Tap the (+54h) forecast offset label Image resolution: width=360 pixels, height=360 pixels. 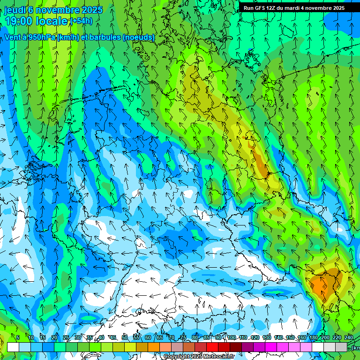[81, 21]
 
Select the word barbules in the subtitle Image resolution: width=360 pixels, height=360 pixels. [102, 37]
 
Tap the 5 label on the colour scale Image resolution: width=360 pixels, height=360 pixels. [18, 338]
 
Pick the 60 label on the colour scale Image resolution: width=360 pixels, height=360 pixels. [148, 338]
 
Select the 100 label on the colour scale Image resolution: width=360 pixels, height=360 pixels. [232, 338]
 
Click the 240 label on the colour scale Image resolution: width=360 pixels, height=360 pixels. [349, 338]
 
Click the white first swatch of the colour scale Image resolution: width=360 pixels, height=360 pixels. [13, 347]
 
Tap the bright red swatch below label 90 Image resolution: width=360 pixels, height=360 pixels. [212, 347]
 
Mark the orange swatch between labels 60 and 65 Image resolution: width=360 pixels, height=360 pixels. [154, 347]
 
